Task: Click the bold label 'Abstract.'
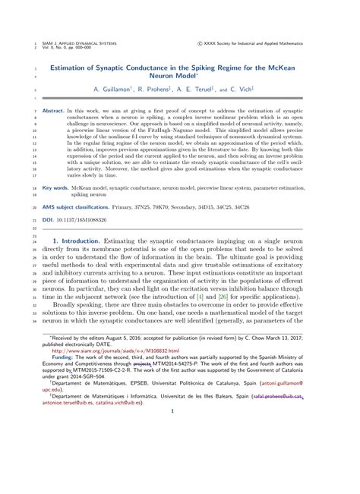(52, 110)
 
